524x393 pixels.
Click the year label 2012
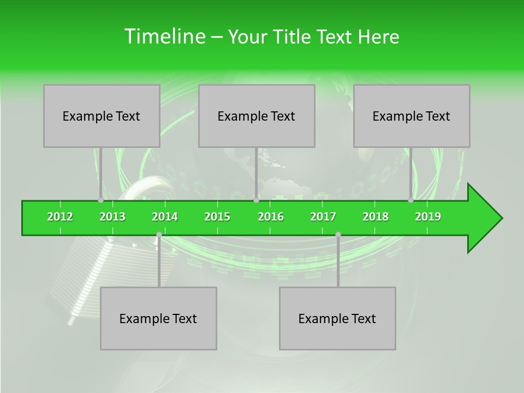click(x=60, y=217)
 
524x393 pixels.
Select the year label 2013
click(x=112, y=217)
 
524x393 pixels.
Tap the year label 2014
click(x=165, y=217)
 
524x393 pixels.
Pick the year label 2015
click(x=217, y=217)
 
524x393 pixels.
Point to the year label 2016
click(x=271, y=217)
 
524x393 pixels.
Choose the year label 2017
click(x=323, y=217)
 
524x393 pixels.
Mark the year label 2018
click(x=376, y=217)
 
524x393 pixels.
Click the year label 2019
click(x=428, y=217)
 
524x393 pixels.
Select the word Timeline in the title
click(x=164, y=37)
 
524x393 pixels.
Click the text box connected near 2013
click(x=102, y=116)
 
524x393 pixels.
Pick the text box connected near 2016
click(x=257, y=116)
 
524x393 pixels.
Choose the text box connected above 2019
click(x=412, y=116)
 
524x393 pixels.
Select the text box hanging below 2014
click(x=158, y=318)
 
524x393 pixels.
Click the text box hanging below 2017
click(x=337, y=318)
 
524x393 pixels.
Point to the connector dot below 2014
click(x=159, y=235)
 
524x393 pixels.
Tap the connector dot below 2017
click(x=338, y=235)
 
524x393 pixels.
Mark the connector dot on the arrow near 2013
click(x=100, y=200)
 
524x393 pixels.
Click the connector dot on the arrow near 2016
click(x=256, y=200)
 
